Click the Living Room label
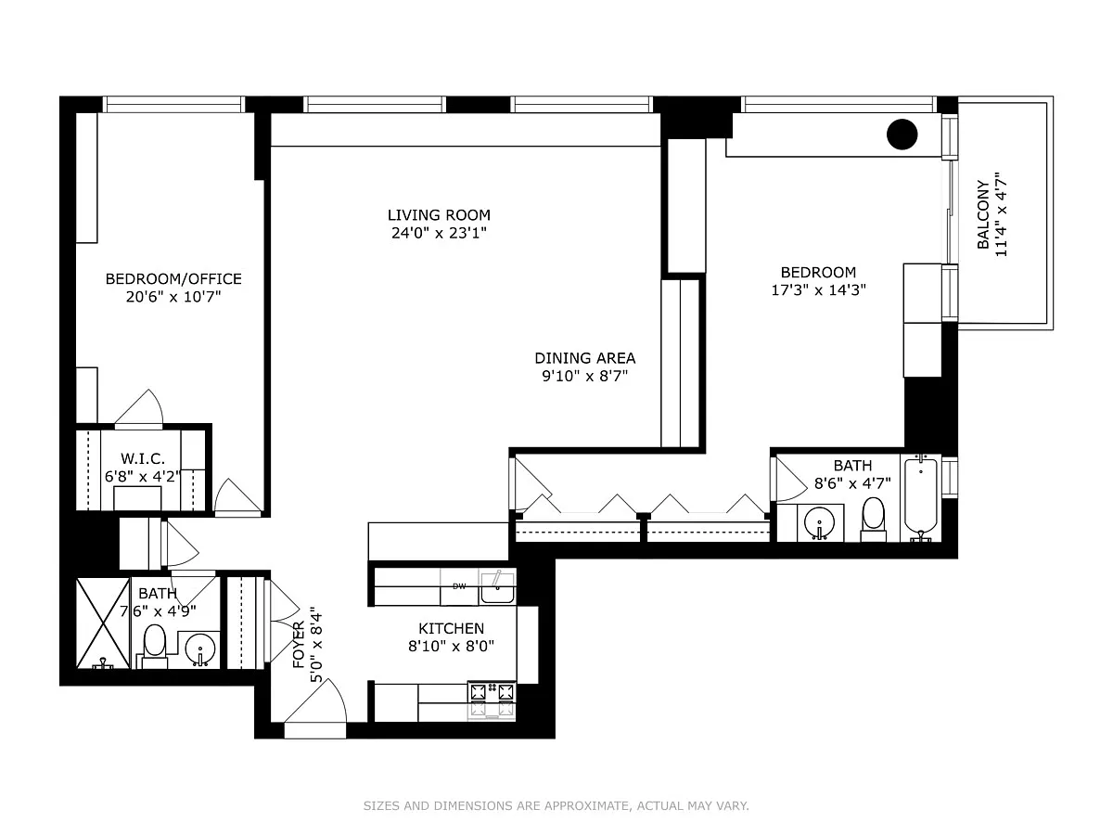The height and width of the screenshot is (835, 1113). pyautogui.click(x=439, y=215)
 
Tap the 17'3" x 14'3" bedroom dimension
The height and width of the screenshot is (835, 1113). pyautogui.click(x=818, y=290)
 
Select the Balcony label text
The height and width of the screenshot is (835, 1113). pyautogui.click(x=983, y=214)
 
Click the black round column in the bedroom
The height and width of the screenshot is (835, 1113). pyautogui.click(x=902, y=135)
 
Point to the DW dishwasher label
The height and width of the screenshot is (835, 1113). pyautogui.click(x=459, y=586)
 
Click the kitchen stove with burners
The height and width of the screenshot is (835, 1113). pyautogui.click(x=492, y=700)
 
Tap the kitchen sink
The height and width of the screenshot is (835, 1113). pyautogui.click(x=497, y=587)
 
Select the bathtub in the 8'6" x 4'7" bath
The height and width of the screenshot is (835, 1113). pyautogui.click(x=920, y=497)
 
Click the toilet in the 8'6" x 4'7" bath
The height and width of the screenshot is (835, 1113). pyautogui.click(x=873, y=520)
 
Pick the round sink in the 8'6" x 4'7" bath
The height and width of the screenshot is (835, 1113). pyautogui.click(x=819, y=522)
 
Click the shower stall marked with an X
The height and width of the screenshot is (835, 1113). pyautogui.click(x=103, y=623)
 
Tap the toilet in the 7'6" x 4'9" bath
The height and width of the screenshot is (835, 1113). pyautogui.click(x=155, y=647)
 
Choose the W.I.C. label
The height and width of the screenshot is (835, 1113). pyautogui.click(x=143, y=459)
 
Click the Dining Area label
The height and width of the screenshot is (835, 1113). pyautogui.click(x=584, y=358)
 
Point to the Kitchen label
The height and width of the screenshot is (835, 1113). pyautogui.click(x=451, y=629)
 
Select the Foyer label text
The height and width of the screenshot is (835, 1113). pyautogui.click(x=300, y=645)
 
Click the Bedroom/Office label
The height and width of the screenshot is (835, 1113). pyautogui.click(x=173, y=279)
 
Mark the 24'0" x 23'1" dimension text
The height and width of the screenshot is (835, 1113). pyautogui.click(x=439, y=233)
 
